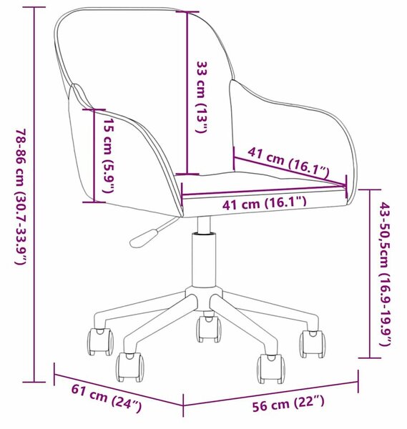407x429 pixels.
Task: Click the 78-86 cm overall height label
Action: [x=21, y=197]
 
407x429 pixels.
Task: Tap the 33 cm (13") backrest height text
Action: [x=202, y=97]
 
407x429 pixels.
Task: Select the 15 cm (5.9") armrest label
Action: [x=108, y=155]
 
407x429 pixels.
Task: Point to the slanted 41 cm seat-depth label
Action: [x=288, y=162]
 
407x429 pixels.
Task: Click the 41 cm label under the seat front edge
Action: [x=264, y=203]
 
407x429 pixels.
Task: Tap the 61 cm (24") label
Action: [x=107, y=398]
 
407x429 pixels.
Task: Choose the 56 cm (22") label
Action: [x=288, y=403]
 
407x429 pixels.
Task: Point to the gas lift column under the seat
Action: [x=204, y=259]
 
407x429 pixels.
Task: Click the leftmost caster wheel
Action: [x=100, y=342]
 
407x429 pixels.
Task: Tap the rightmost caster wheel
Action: [x=312, y=344]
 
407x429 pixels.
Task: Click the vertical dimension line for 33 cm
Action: [x=187, y=93]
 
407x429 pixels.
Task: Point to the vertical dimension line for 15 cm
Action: [x=94, y=156]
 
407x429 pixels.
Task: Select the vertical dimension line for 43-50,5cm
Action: [x=370, y=274]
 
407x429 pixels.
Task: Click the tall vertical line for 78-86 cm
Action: [x=34, y=194]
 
